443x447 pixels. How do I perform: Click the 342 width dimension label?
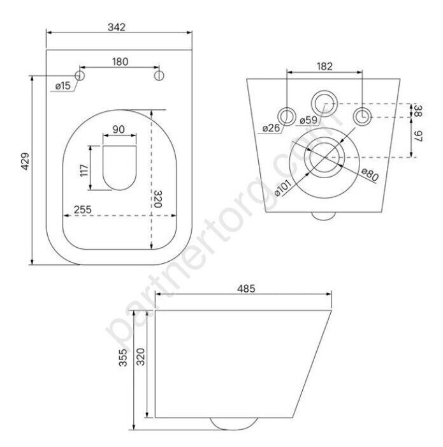click(117, 27)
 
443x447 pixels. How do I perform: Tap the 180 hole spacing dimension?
click(120, 61)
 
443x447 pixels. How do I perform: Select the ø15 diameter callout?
click(63, 85)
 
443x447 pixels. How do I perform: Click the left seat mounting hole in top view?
click(80, 75)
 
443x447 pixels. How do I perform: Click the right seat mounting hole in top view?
click(159, 75)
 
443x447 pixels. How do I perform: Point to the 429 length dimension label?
click(25, 162)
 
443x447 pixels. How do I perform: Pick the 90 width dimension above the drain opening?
click(119, 130)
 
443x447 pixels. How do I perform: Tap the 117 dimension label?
click(84, 170)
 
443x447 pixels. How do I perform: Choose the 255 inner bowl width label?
click(83, 209)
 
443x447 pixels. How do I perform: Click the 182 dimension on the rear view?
click(324, 66)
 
